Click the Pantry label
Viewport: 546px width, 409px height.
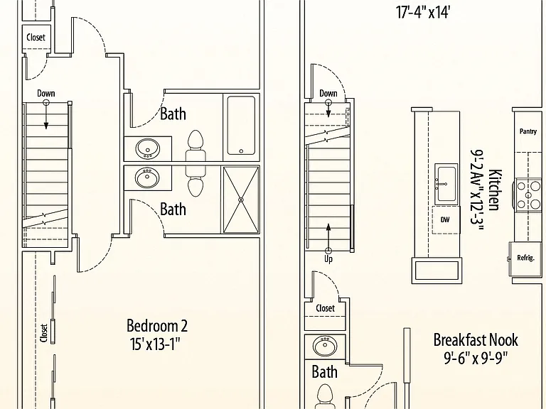tap(528, 131)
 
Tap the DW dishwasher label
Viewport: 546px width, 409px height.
tap(445, 219)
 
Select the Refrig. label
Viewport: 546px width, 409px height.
tap(525, 258)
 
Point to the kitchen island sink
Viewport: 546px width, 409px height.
tap(446, 184)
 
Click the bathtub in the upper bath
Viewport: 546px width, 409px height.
tap(241, 125)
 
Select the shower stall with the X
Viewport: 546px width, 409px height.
tap(241, 200)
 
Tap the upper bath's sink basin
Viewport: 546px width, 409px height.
tap(148, 148)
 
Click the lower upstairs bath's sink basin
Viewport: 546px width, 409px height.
tap(148, 178)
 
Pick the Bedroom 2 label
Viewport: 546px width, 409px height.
tap(156, 326)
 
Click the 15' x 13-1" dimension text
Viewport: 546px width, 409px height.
tap(155, 344)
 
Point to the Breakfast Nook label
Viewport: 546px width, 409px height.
tap(476, 340)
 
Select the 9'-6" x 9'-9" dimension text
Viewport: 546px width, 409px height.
tap(476, 358)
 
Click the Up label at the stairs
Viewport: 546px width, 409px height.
tap(328, 259)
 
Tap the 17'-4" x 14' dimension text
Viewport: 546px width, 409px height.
tap(423, 13)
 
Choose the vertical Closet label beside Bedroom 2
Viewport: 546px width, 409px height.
tap(44, 333)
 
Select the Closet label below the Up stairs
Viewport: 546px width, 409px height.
tap(325, 308)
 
